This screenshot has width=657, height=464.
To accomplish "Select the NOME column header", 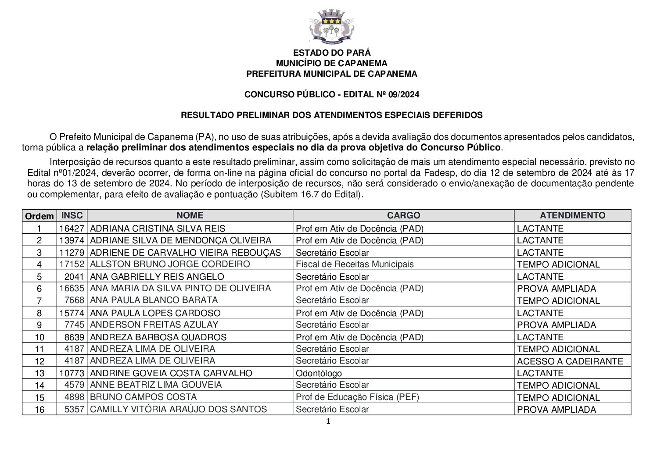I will [x=190, y=215].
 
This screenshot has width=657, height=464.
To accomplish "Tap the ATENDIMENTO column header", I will [x=572, y=215].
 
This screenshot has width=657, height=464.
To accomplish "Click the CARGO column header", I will [x=403, y=215].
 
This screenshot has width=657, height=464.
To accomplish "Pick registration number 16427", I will [x=72, y=228].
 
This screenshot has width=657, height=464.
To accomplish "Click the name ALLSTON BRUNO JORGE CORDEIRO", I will [x=170, y=264].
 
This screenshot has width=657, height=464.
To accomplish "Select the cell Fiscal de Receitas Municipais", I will [x=355, y=264].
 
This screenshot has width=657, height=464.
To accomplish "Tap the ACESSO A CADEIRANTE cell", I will [x=570, y=361].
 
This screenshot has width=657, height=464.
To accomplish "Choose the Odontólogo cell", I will [x=319, y=373].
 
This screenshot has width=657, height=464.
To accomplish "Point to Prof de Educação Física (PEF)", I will [x=358, y=397].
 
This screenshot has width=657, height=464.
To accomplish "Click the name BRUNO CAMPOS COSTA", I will [x=143, y=397].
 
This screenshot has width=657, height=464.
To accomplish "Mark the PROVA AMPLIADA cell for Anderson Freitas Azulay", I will [x=556, y=325].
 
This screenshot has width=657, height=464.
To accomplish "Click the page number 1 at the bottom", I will [x=328, y=422].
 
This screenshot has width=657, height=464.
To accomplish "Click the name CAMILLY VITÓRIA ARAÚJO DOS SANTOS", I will [x=178, y=409].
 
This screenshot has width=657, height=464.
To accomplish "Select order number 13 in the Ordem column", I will [x=39, y=373].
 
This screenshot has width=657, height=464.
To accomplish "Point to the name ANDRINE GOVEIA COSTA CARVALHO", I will [x=171, y=373].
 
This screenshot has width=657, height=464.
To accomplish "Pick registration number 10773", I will [x=72, y=373].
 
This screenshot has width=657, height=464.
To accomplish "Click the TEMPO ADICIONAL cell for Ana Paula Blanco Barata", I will [x=558, y=301].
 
